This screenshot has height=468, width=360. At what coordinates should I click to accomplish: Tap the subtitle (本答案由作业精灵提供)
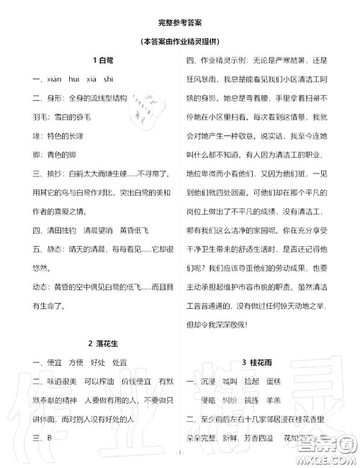tap(180, 40)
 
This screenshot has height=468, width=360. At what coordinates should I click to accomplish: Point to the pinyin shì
tap(108, 79)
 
